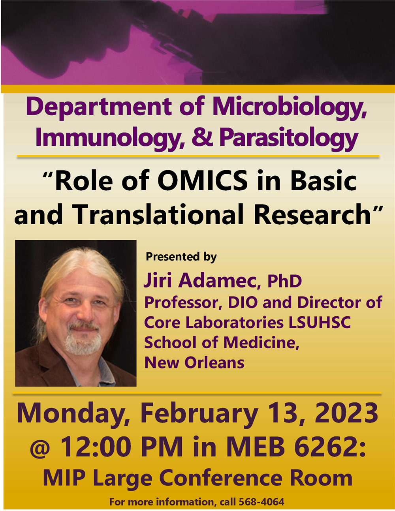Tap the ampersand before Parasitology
202,137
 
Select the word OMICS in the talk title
203,181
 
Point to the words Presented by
181,257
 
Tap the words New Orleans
194,363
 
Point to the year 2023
346,413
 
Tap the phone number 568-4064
261,502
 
